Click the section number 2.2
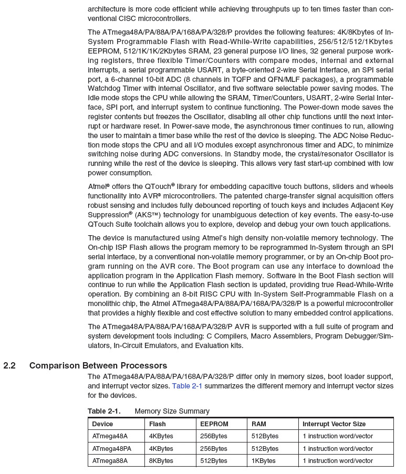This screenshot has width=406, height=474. click(9, 366)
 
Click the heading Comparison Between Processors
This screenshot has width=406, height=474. click(98, 366)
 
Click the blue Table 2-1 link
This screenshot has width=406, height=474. click(187, 386)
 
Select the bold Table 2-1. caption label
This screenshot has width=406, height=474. click(104, 411)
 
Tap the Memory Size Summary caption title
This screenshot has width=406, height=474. click(172, 411)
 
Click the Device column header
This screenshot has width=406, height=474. click(102, 424)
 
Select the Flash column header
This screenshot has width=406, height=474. click(158, 424)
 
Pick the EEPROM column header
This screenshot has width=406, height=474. click(214, 424)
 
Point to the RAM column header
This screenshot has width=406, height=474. click(259, 424)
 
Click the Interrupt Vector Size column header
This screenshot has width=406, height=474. click(334, 424)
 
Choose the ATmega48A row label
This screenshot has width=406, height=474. click(110, 436)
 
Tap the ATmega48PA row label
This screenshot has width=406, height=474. click(112, 449)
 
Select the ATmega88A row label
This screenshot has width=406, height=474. click(110, 461)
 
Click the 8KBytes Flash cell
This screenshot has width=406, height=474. click(161, 461)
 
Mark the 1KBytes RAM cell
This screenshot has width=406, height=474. click(264, 461)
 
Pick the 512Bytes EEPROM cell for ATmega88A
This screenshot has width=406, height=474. click(214, 461)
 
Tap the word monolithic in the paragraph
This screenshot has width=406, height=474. click(108, 304)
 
